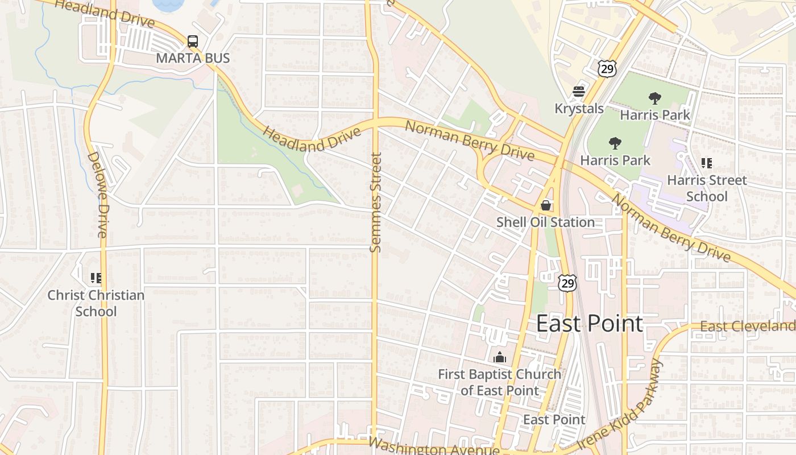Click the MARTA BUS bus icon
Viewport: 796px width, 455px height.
(x=193, y=42)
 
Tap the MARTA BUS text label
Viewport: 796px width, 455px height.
(x=193, y=58)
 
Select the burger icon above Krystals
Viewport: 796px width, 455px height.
(x=579, y=92)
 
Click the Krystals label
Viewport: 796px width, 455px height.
(x=579, y=108)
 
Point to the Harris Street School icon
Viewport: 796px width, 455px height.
(x=706, y=164)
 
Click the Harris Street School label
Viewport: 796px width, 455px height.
(x=706, y=188)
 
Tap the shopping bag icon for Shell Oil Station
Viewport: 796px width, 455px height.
(x=546, y=205)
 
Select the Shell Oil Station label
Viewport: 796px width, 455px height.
(x=546, y=222)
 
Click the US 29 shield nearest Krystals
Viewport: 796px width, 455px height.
(x=607, y=68)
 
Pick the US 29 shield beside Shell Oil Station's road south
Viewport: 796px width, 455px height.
(x=567, y=283)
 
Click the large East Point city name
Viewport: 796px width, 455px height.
(x=590, y=324)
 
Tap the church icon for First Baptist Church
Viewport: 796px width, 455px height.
(x=500, y=357)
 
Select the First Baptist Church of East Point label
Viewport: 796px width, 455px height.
(x=500, y=382)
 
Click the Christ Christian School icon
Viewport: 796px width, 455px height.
(x=96, y=278)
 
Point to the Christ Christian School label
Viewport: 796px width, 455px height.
(x=96, y=303)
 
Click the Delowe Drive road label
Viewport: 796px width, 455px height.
(x=97, y=194)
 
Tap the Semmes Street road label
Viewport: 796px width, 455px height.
(x=375, y=202)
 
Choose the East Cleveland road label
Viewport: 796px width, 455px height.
(x=747, y=326)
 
